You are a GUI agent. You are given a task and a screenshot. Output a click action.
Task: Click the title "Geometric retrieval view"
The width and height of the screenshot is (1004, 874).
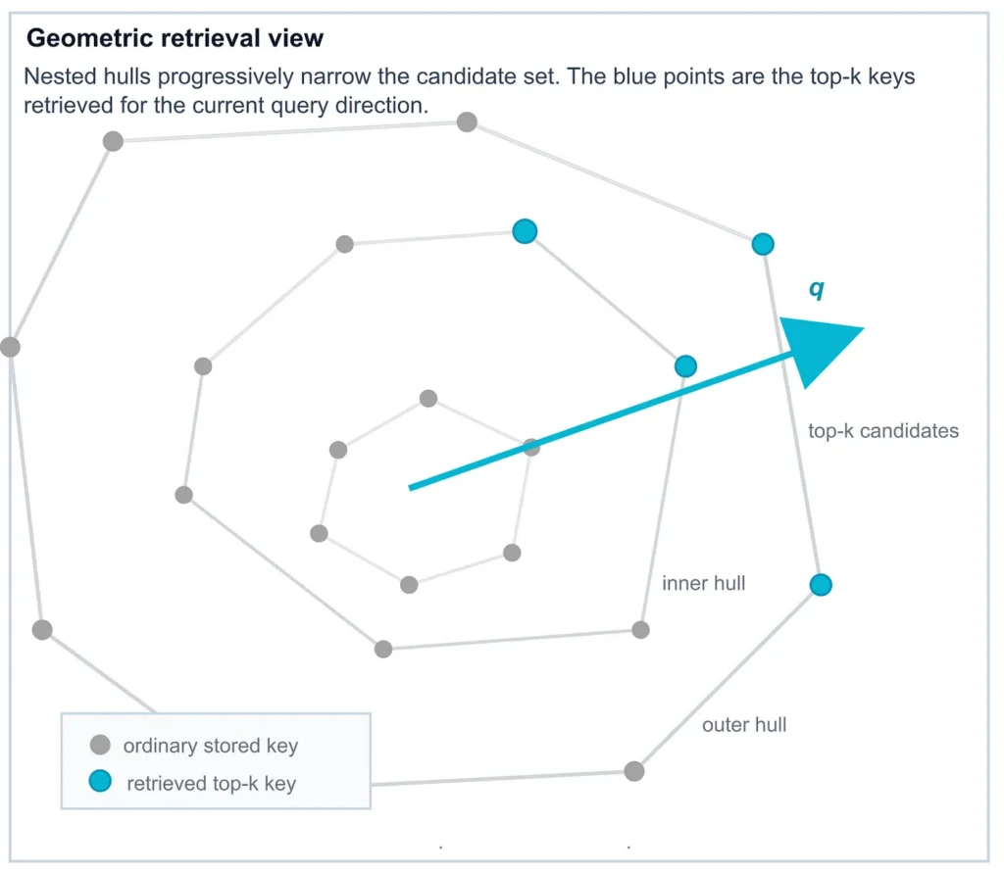(175, 39)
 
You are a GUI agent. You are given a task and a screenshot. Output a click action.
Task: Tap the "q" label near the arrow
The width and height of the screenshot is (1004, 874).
(816, 289)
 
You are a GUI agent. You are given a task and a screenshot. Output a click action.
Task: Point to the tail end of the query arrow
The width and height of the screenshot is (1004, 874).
(411, 487)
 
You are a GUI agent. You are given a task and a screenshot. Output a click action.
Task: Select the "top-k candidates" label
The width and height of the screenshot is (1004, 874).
(882, 430)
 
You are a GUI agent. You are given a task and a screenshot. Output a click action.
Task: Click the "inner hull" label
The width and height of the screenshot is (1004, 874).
(703, 584)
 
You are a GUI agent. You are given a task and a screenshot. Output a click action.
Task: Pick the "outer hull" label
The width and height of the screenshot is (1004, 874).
(744, 726)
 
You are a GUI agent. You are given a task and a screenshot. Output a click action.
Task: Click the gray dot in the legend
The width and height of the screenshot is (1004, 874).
(99, 746)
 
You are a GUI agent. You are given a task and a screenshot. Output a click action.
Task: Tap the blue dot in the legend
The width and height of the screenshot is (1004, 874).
(99, 782)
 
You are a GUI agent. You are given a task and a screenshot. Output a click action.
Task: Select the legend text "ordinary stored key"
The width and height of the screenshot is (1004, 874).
(210, 747)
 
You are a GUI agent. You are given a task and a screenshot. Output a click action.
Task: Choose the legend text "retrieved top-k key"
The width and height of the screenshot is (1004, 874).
(211, 783)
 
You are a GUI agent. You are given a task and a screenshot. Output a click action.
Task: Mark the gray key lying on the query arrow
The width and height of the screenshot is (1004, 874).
(530, 448)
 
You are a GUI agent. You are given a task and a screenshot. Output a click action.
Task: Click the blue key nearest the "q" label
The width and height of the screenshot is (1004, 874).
(763, 244)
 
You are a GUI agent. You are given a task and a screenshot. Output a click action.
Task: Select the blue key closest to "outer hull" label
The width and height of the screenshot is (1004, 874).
(821, 585)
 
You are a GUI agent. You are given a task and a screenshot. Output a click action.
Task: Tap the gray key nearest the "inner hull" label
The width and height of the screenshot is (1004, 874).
(640, 629)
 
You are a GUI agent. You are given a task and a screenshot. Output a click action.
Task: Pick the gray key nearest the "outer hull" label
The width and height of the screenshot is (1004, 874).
(634, 771)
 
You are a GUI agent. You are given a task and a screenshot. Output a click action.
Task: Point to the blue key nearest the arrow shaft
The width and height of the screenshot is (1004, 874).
(685, 366)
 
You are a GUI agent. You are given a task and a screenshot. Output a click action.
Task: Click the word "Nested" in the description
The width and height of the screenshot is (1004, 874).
(59, 77)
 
